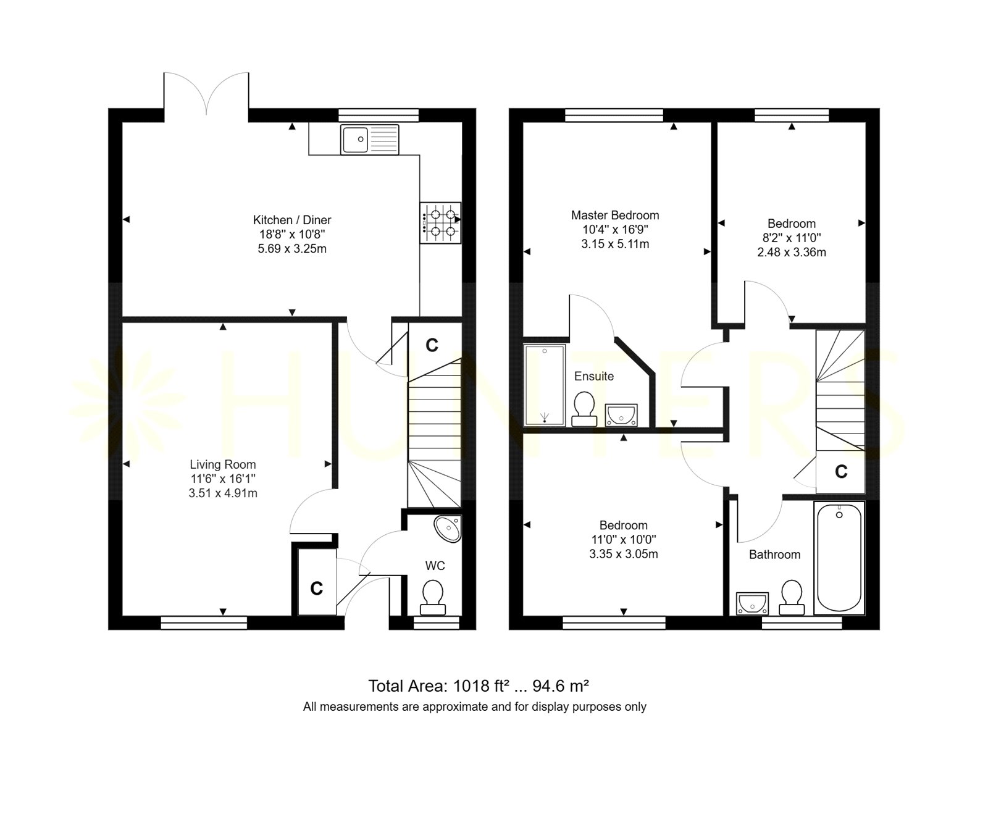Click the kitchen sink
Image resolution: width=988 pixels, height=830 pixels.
click(x=370, y=139)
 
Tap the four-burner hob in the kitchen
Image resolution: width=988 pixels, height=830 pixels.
click(x=440, y=223)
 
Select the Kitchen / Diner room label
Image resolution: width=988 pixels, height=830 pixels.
click(x=292, y=220)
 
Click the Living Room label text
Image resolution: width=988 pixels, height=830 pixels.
click(x=222, y=464)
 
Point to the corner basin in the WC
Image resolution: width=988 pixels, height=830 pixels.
click(x=448, y=529)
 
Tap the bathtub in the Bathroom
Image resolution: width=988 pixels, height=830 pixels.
click(x=839, y=558)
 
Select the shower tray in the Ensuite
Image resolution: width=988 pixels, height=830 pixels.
click(x=544, y=386)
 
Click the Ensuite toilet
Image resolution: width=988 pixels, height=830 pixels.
click(x=584, y=409)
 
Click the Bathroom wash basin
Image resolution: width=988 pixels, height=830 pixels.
click(x=752, y=603)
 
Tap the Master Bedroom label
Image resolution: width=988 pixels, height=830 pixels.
click(x=615, y=216)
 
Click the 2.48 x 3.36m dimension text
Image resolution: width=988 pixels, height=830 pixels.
click(x=792, y=252)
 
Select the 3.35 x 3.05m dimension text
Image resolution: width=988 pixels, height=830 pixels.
click(x=624, y=554)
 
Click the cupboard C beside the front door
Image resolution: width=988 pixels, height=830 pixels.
click(x=317, y=588)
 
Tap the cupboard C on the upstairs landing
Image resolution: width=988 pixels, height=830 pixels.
click(x=841, y=472)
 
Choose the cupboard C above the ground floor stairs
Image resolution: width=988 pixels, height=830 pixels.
click(x=432, y=345)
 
